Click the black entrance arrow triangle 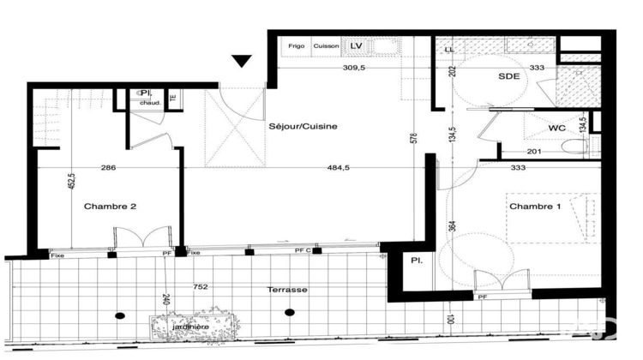coord(242,61)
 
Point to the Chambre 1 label coord(536,207)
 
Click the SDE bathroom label coord(509,76)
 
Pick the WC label coord(558,129)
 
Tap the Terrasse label coord(286,290)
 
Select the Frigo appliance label coord(296,46)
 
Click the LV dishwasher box coord(357,45)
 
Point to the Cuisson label coord(326,46)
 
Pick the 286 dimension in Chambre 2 coord(108,168)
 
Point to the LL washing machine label coord(448,49)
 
